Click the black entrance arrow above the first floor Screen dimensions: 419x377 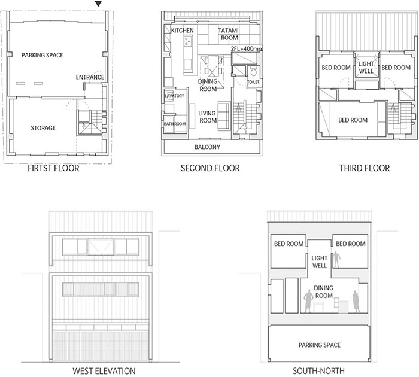pyautogui.click(x=99, y=4)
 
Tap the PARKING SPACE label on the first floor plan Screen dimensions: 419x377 pyautogui.click(x=42, y=55)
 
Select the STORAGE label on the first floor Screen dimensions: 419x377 pyautogui.click(x=43, y=128)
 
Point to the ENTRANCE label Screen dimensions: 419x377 pyautogui.click(x=90, y=77)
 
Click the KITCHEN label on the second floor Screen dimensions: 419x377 pyautogui.click(x=182, y=31)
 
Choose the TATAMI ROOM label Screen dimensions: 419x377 pyautogui.click(x=229, y=34)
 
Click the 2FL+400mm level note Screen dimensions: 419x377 pyautogui.click(x=247, y=49)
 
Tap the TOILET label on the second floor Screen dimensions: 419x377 pyautogui.click(x=253, y=82)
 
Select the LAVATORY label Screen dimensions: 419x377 pyautogui.click(x=175, y=96)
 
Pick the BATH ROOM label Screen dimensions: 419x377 pyautogui.click(x=175, y=124)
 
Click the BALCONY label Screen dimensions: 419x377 pyautogui.click(x=207, y=147)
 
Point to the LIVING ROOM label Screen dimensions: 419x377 pyautogui.click(x=208, y=117)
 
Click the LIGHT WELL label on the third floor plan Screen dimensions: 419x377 pyautogui.click(x=366, y=68)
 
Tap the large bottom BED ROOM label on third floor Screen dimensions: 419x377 pyautogui.click(x=353, y=120)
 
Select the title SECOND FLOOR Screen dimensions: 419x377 pyautogui.click(x=210, y=168)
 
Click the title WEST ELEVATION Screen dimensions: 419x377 pyautogui.click(x=104, y=371)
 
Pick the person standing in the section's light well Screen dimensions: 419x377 pyautogui.click(x=336, y=260)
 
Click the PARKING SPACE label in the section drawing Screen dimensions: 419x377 pyautogui.click(x=319, y=345)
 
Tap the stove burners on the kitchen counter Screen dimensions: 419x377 pyautogui.click(x=187, y=41)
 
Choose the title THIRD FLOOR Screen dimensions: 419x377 pyautogui.click(x=365, y=168)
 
